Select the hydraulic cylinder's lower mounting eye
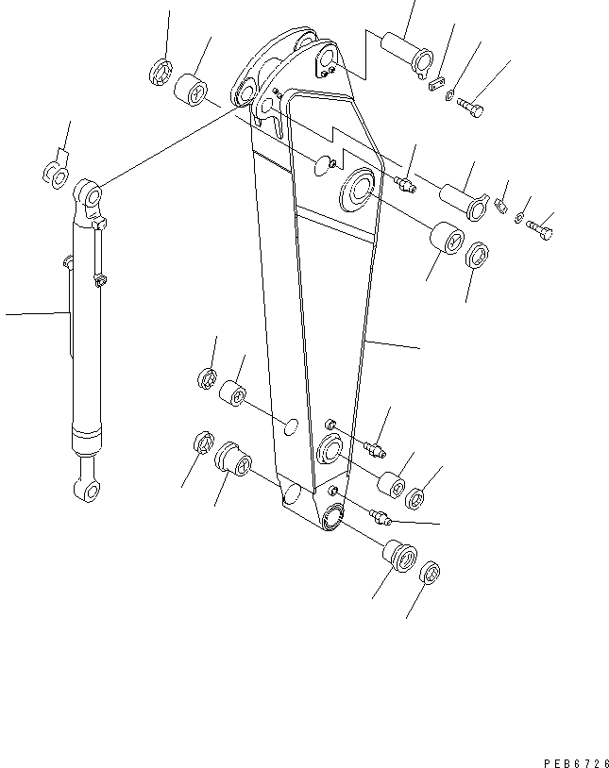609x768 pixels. click(82, 489)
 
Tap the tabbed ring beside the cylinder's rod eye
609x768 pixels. click(57, 171)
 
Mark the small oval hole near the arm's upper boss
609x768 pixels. click(323, 167)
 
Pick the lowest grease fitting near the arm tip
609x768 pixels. click(381, 515)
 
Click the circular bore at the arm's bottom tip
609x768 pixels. click(333, 515)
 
